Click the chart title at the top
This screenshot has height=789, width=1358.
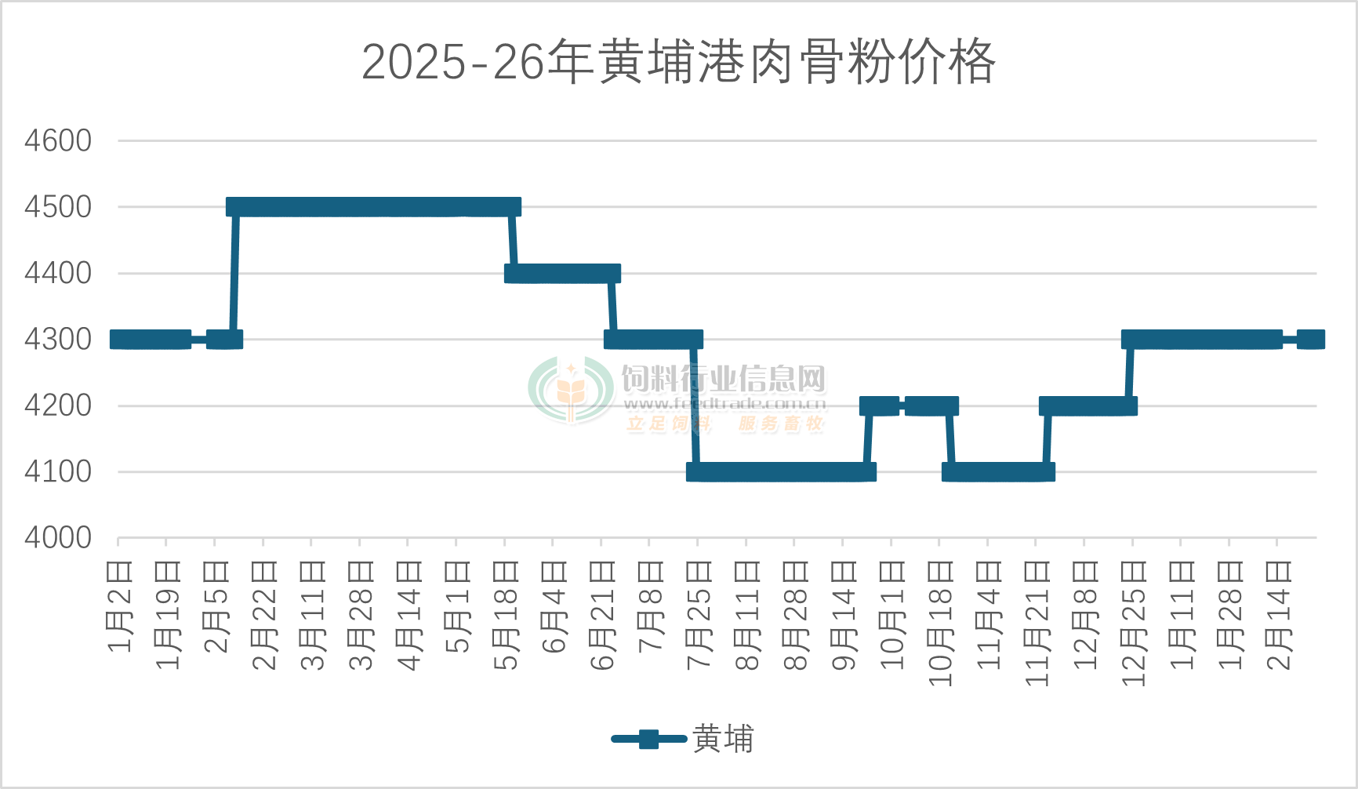click(x=678, y=62)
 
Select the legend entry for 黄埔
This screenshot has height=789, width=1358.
click(x=682, y=739)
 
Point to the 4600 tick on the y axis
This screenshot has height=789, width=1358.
click(x=58, y=141)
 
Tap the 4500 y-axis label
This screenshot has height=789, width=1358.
click(x=58, y=207)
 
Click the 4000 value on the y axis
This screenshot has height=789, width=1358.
click(x=58, y=538)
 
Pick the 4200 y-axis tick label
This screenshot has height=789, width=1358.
click(x=58, y=405)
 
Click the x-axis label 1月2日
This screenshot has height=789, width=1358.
click(x=119, y=605)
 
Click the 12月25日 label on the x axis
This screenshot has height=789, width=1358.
click(x=1134, y=623)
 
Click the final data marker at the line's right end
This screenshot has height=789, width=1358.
click(x=1311, y=340)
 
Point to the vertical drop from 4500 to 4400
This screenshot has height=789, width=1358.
click(x=513, y=240)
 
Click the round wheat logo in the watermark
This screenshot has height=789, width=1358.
click(x=571, y=390)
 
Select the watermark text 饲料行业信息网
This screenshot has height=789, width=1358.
click(x=724, y=380)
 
